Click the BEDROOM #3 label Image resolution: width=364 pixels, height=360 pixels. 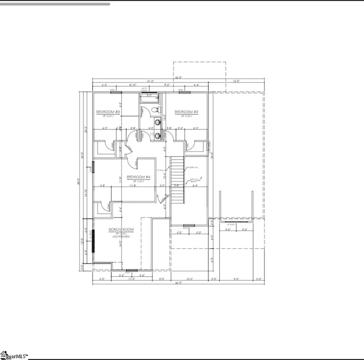(x=108, y=112)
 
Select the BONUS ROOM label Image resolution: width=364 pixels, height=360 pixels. (x=121, y=229)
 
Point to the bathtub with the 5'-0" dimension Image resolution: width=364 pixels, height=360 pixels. (x=149, y=98)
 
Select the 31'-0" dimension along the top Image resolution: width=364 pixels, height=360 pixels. (x=151, y=81)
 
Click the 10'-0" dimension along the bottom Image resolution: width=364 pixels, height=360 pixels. (x=190, y=279)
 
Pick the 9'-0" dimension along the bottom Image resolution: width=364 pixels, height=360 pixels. (x=237, y=279)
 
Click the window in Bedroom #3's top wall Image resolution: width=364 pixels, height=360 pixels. (x=116, y=93)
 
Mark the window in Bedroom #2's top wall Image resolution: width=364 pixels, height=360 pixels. (x=185, y=93)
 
